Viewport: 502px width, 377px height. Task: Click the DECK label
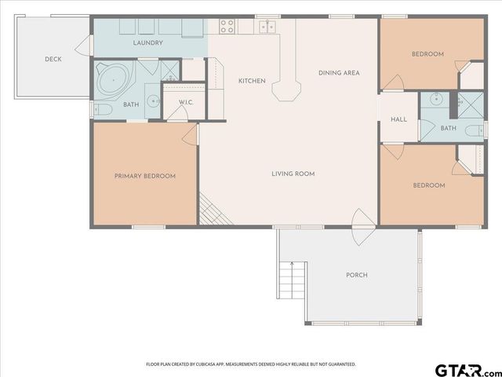[x=53, y=59]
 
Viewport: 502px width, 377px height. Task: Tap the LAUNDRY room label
[x=147, y=42]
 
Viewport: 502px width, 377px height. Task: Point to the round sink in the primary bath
[x=154, y=101]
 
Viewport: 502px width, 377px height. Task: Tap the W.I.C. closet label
[x=186, y=102]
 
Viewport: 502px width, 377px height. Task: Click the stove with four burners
[x=227, y=25]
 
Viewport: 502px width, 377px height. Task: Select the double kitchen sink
[x=267, y=26]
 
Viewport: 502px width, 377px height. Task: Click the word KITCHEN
[x=252, y=81]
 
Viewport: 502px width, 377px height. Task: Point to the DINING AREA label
[x=339, y=73]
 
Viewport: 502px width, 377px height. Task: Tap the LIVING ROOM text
[x=293, y=174]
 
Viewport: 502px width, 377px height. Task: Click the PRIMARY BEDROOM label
[x=145, y=176]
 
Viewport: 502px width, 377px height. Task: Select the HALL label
[x=398, y=119]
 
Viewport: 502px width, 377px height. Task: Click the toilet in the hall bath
[x=473, y=130]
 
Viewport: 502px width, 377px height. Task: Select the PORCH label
[x=357, y=275]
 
